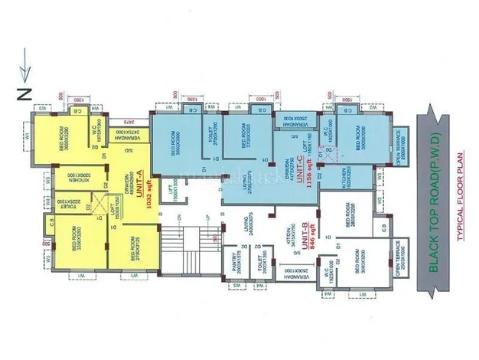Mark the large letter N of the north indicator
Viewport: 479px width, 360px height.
point(24,94)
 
